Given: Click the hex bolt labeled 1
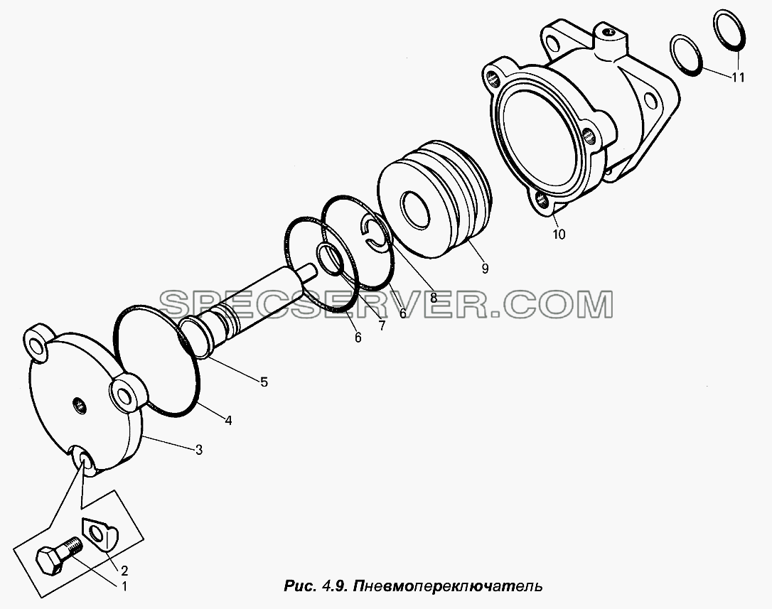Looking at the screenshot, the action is pos(58,554).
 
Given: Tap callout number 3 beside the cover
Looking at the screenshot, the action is pos(199,450).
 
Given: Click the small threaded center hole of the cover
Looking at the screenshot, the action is pos(78,406).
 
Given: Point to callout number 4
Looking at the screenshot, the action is pos(228,420).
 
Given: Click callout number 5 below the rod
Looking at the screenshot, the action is pos(264,382).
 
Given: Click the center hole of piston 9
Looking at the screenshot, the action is pos(414,209).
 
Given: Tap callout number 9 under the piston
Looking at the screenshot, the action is pos(485,269).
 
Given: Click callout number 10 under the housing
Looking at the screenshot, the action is pos(559,234).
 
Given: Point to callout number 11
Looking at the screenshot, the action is pos(738,77).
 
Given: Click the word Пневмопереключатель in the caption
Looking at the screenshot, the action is pos(448,586).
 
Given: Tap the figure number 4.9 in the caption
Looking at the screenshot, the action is pos(334,586).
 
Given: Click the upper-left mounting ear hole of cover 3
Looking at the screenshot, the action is pos(36,345).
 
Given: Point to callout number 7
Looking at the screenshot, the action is pos(382,325).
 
